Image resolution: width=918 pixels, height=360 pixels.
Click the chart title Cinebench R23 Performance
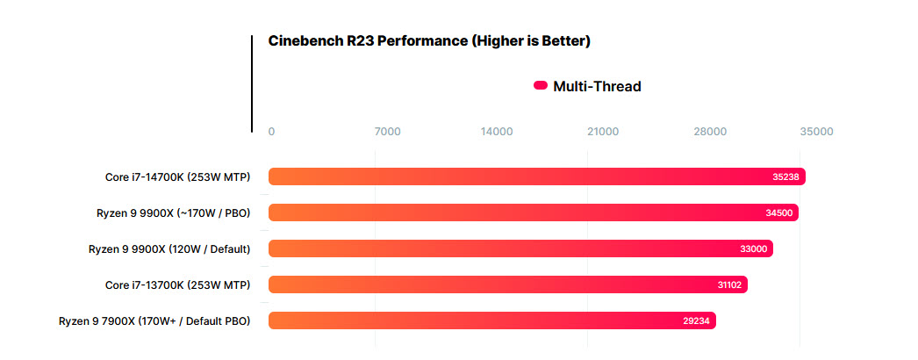428,41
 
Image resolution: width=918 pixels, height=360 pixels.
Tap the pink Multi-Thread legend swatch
541,86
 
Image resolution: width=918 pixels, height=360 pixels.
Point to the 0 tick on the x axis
271,132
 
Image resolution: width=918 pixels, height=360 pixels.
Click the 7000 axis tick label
387,132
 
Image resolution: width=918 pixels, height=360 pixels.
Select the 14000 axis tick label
497,132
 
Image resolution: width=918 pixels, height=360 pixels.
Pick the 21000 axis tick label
603,132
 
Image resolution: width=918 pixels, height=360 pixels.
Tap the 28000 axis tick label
710,132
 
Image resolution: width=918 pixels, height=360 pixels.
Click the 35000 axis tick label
816,132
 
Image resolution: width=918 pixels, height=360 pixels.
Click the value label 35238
785,176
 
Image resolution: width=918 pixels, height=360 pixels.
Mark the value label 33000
753,248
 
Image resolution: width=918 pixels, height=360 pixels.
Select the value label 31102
728,284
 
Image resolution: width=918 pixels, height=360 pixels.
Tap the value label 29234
696,320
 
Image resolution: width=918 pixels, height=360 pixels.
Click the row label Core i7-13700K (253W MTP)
177,284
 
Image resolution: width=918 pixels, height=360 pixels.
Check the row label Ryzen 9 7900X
154,320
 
